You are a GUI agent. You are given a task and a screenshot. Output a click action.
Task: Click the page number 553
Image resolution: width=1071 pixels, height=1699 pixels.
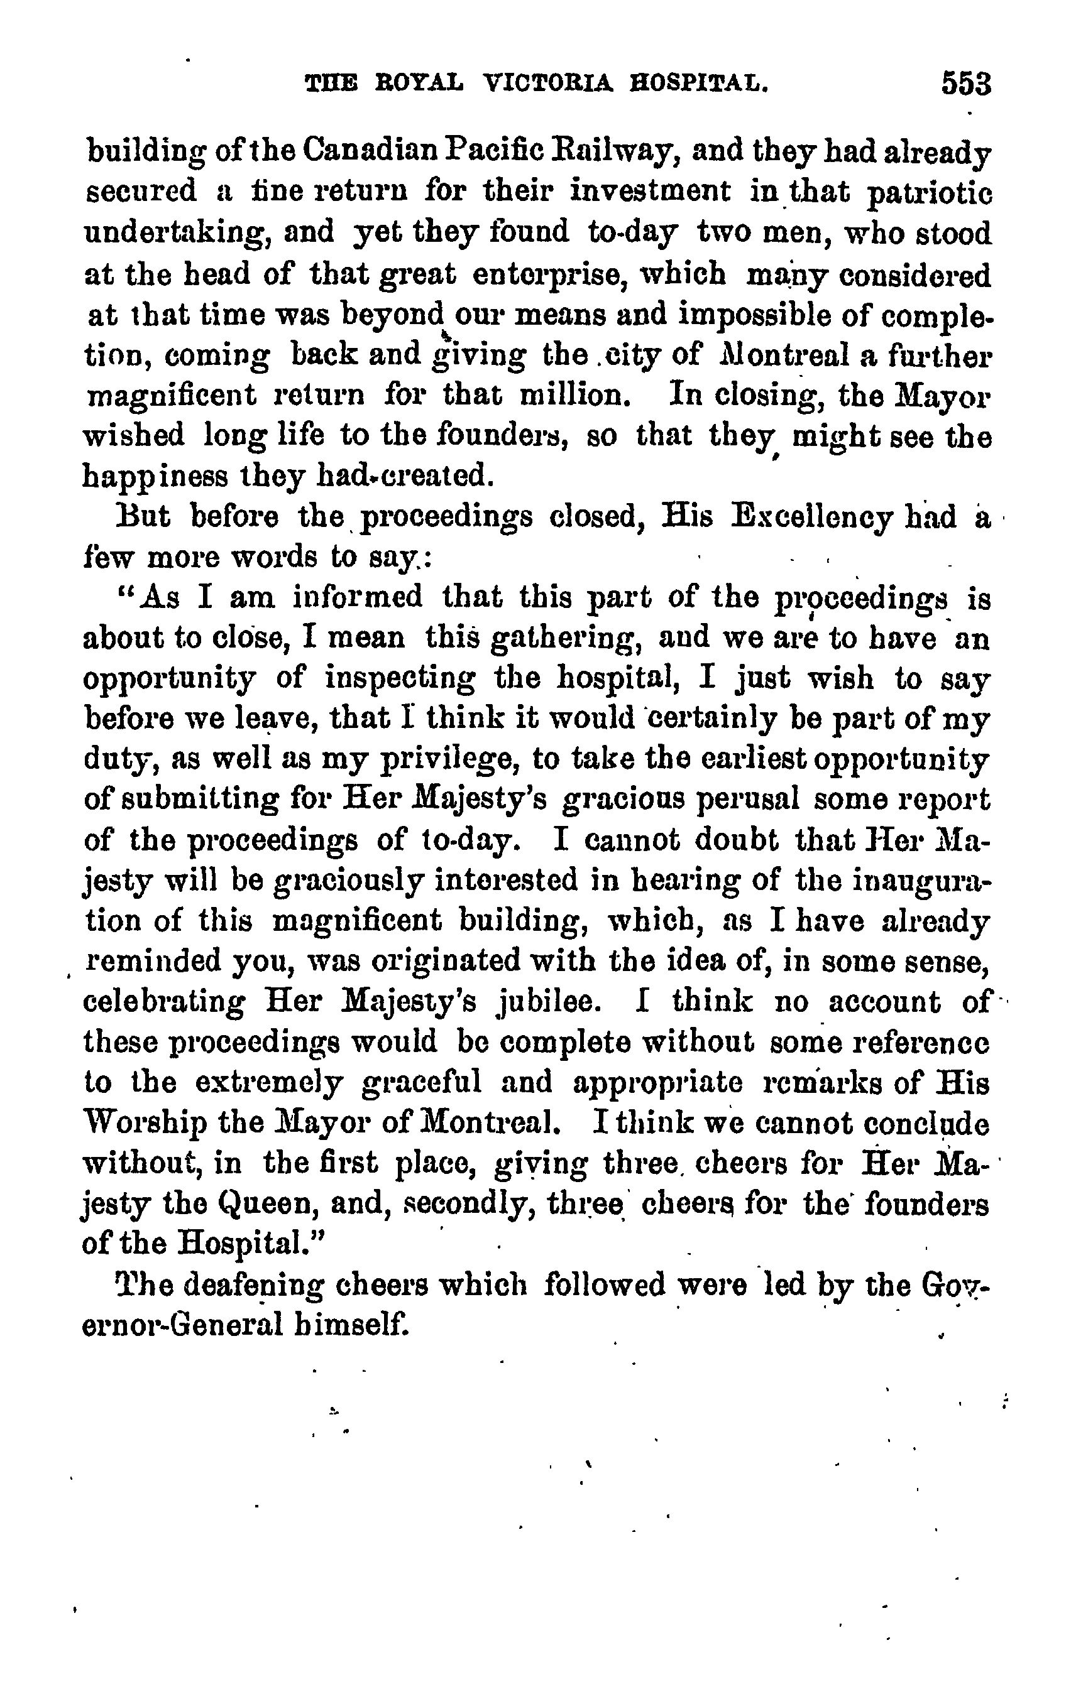pyautogui.click(x=965, y=84)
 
